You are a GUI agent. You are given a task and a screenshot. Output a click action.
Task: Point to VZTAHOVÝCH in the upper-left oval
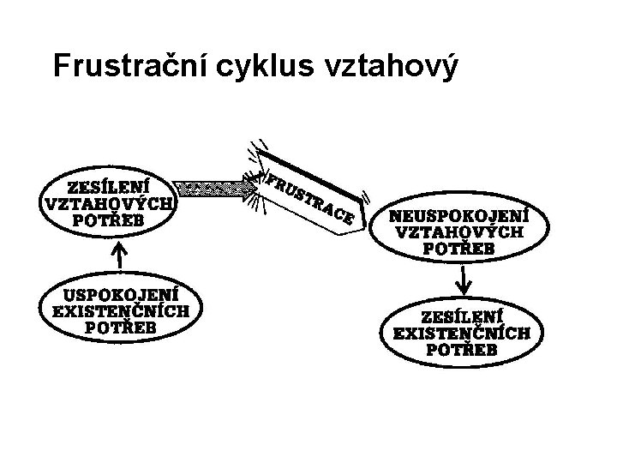109,203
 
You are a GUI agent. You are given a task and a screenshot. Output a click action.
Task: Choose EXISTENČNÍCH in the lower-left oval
121,310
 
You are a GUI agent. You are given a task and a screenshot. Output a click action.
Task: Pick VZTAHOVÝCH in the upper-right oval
458,231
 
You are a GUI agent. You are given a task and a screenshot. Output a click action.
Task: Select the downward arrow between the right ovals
464,276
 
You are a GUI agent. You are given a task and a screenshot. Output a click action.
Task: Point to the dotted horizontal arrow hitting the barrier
210,186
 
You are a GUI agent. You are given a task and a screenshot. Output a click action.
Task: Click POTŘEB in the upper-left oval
109,220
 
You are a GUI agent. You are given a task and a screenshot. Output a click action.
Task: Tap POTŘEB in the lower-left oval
121,327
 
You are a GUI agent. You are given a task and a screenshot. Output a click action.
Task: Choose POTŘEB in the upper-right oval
458,249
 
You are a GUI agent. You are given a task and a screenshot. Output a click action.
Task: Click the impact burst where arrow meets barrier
256,185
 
